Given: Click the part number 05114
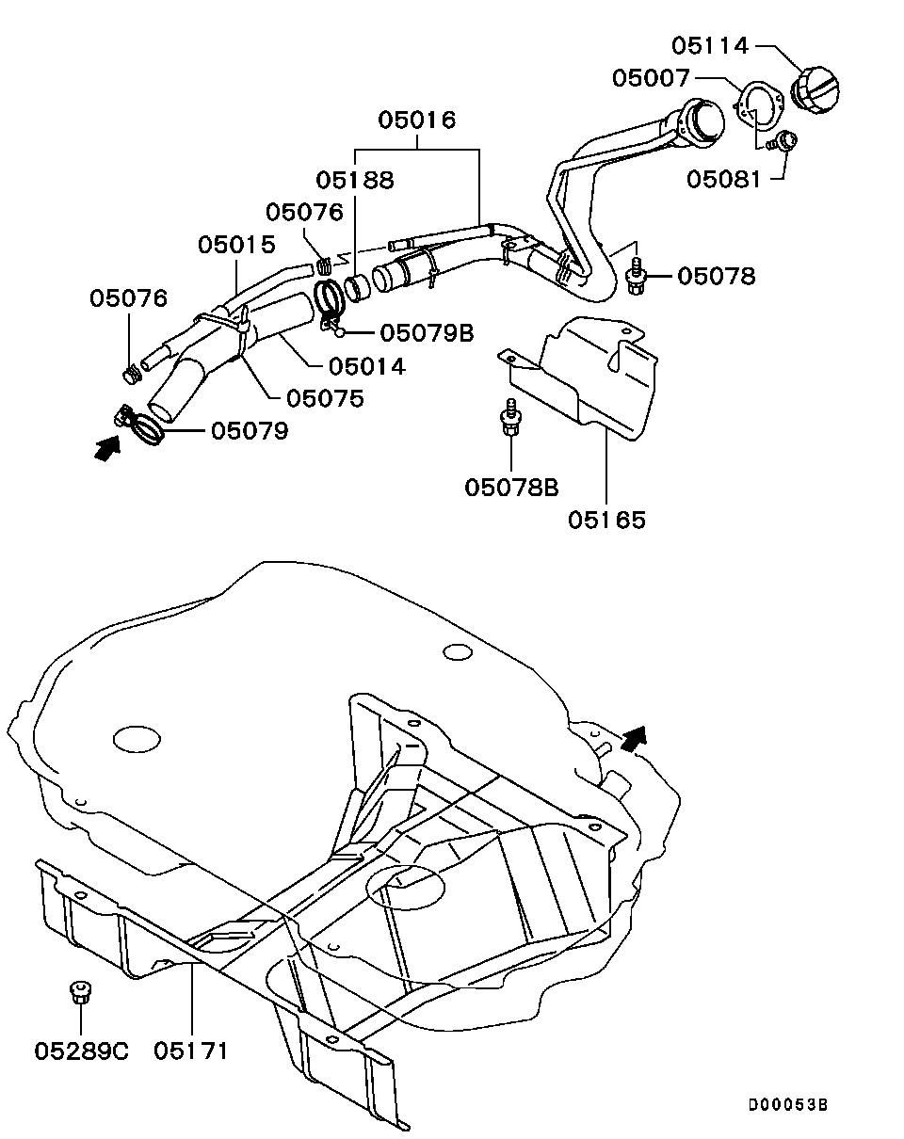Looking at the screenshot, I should (709, 45).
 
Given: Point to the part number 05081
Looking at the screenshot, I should (723, 179).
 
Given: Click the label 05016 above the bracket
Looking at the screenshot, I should (417, 120).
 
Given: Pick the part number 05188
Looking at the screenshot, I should (354, 180).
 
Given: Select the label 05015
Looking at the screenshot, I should (236, 245).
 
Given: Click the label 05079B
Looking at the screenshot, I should (427, 333).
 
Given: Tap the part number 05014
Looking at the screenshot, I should (366, 367).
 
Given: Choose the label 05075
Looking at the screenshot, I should (325, 398).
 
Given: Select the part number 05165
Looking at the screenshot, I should (606, 519).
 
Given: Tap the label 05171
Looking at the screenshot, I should (191, 1050).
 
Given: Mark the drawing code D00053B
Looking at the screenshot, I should (788, 1105).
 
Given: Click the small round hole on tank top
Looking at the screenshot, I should (457, 651).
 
